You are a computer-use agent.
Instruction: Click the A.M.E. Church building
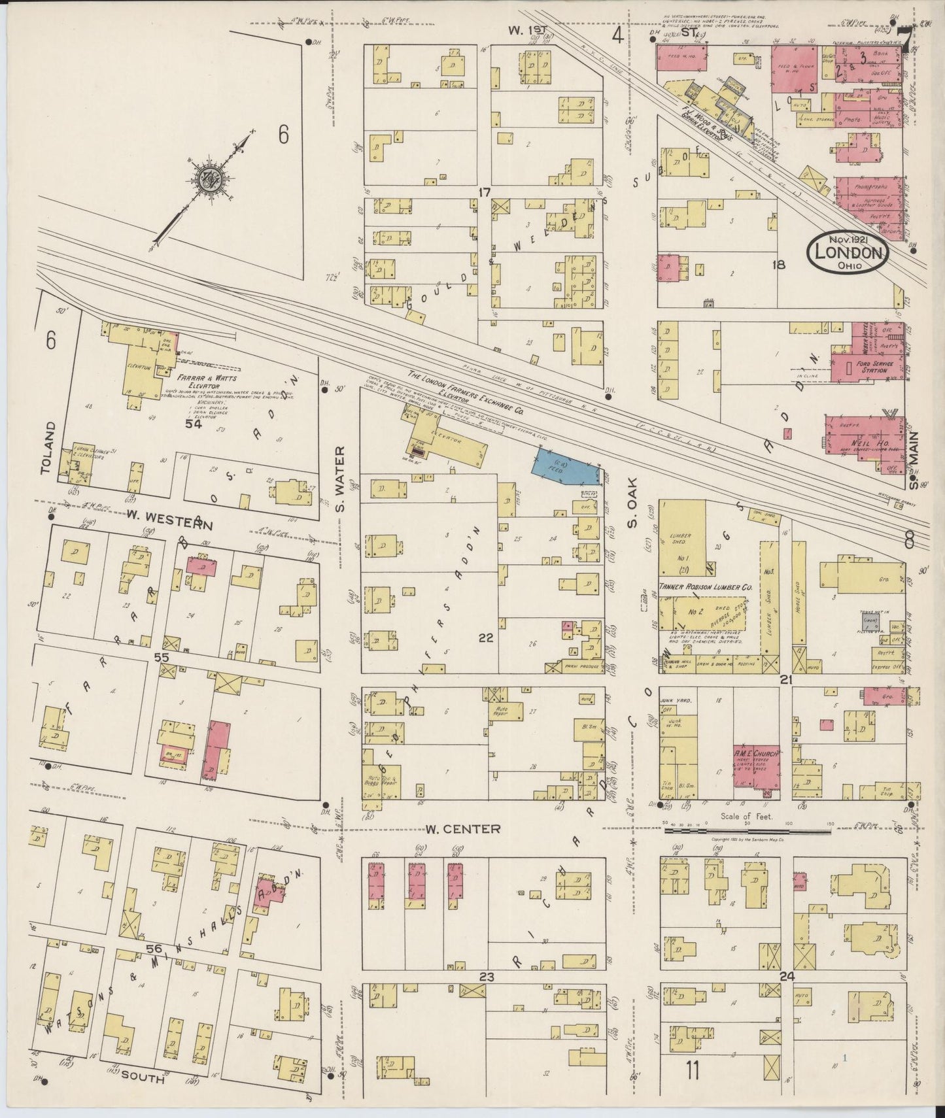click(x=757, y=764)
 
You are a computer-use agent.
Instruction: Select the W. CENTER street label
click(x=463, y=829)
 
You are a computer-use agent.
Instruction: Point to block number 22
click(x=485, y=638)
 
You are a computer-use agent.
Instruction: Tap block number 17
click(x=484, y=193)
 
